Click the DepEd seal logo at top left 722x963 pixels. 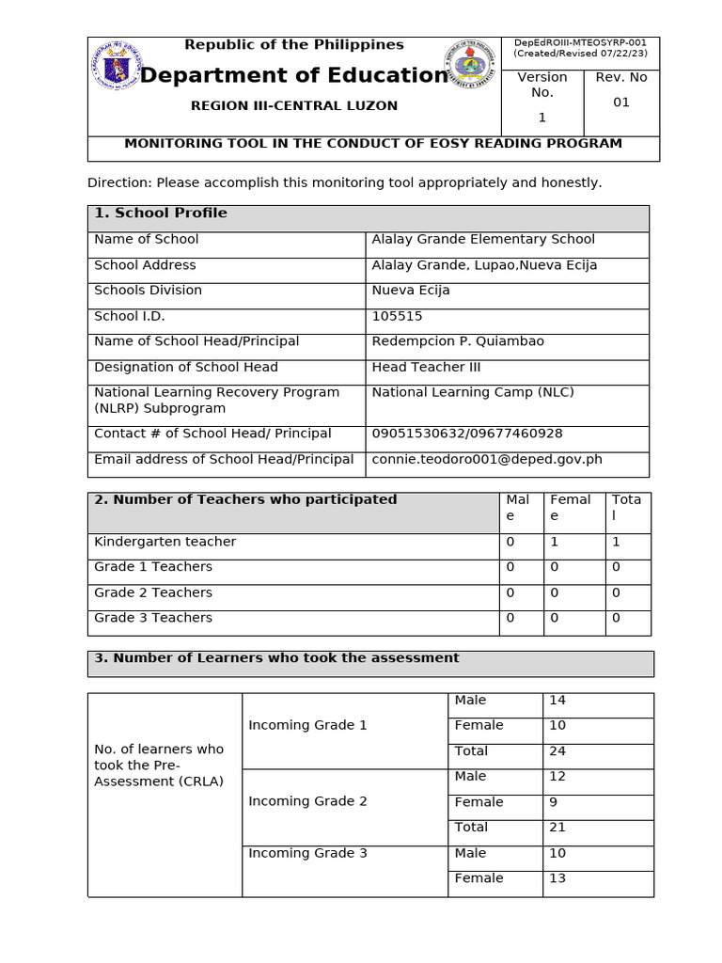click(x=117, y=66)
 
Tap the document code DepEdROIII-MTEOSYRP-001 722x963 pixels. click(x=580, y=43)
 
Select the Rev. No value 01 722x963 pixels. click(x=621, y=103)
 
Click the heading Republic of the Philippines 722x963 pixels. click(x=293, y=45)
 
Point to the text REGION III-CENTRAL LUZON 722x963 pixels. click(x=293, y=106)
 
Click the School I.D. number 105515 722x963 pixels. click(x=397, y=316)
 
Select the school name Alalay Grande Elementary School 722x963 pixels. click(x=482, y=240)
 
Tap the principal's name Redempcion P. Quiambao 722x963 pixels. click(x=458, y=341)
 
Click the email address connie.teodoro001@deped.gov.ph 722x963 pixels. click(x=486, y=460)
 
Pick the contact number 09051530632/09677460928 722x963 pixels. click(x=467, y=434)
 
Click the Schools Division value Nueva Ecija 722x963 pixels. click(x=411, y=291)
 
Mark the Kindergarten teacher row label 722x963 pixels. click(x=165, y=542)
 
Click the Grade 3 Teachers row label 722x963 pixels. click(x=153, y=618)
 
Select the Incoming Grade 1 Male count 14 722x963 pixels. click(x=557, y=701)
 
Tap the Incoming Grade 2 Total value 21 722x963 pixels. click(x=557, y=828)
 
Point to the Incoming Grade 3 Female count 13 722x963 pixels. click(x=557, y=878)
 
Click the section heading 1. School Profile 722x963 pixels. click(x=161, y=213)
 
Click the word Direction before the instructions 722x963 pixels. click(x=118, y=182)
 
